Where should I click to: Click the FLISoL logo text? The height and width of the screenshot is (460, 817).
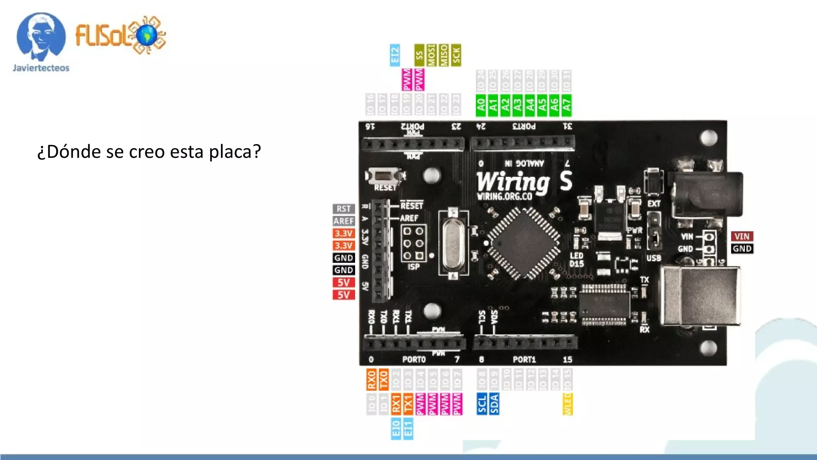102,35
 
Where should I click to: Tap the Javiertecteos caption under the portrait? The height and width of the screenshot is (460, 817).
41,68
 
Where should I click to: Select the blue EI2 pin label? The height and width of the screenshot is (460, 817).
395,55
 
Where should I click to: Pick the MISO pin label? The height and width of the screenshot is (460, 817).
444,55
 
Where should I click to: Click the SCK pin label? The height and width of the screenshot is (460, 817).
456,55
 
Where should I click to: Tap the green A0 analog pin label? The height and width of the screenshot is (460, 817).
481,105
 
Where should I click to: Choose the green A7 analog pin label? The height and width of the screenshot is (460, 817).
566,105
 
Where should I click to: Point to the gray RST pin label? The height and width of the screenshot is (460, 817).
343,209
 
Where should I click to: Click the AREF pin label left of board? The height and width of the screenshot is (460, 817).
343,221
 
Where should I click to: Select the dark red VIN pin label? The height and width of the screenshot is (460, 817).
742,236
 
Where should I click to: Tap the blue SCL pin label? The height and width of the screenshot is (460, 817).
482,404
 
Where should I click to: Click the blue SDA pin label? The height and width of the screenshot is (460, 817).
494,404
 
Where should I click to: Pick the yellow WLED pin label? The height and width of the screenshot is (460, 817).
567,404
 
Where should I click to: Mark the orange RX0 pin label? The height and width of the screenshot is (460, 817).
371,379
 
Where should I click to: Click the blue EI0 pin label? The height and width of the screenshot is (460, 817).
396,428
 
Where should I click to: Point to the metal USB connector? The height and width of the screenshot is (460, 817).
700,295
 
